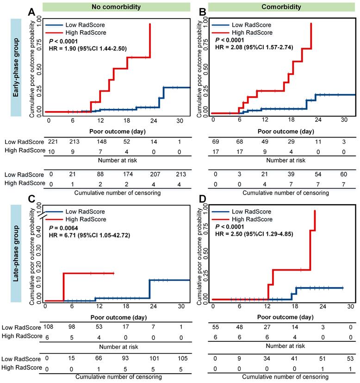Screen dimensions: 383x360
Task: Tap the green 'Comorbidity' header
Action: [x=275, y=7]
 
